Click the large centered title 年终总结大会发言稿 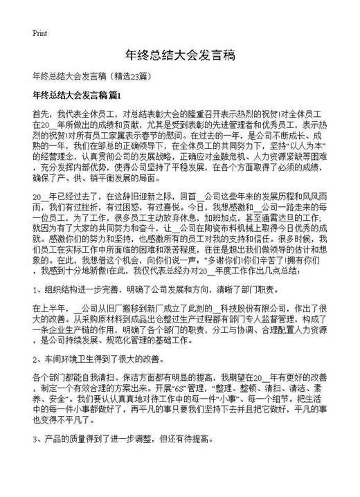coord(179,55)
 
